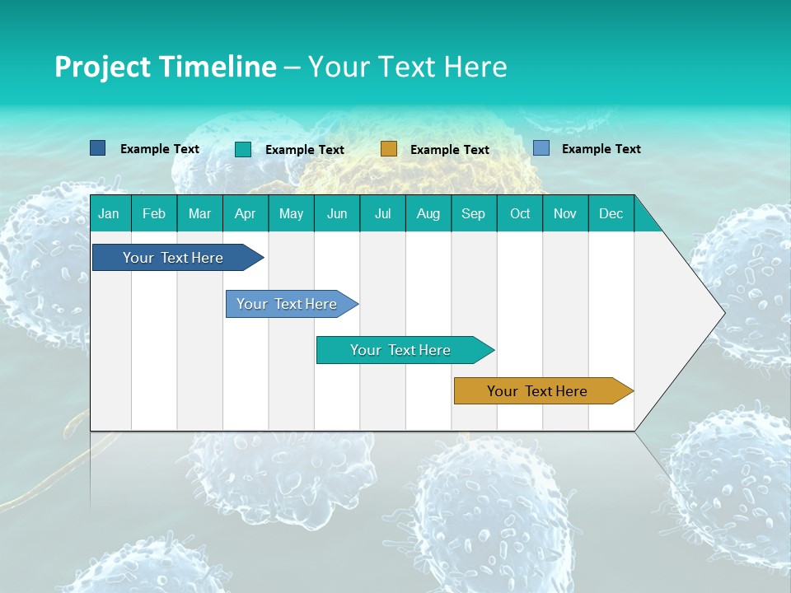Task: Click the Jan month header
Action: point(110,213)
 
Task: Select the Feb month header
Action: point(154,213)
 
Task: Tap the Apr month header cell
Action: point(246,213)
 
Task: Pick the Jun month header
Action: point(337,213)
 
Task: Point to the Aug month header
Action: point(428,213)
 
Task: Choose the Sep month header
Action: point(474,213)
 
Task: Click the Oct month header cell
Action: point(520,213)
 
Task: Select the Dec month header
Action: point(611,213)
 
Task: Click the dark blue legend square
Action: point(98,148)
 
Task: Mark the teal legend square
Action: point(243,149)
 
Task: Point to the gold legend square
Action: point(389,149)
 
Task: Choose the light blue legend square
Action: point(541,148)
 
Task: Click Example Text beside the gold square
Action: point(450,150)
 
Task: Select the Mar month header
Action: point(199,213)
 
